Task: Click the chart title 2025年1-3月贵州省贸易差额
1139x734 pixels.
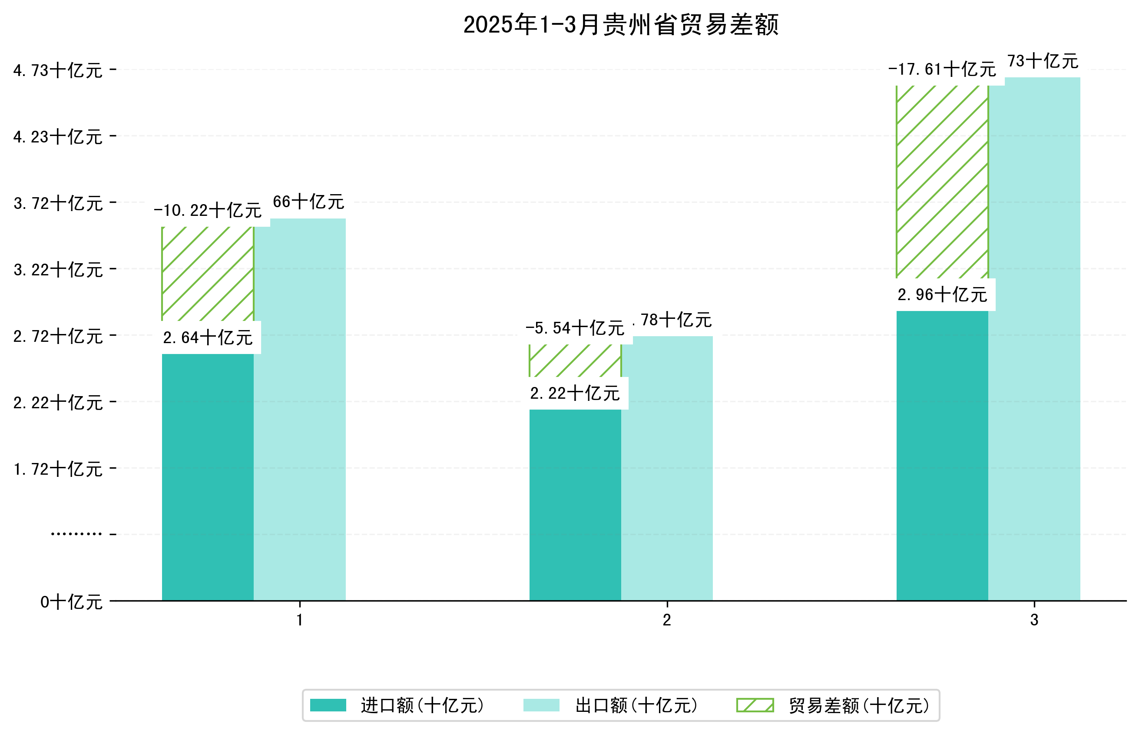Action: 620,25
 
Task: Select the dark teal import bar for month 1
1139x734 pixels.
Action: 207,476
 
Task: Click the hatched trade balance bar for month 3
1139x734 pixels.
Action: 942,181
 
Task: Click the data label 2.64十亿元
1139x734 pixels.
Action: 208,338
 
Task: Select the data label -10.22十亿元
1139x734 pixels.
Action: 208,210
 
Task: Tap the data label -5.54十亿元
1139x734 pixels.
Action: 575,328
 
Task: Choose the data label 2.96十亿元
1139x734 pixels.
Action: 942,295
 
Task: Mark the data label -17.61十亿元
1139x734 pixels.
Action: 942,69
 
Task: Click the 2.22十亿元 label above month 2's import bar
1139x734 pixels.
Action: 575,393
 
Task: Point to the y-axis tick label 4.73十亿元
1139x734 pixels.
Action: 58,70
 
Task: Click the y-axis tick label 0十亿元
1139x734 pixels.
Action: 72,602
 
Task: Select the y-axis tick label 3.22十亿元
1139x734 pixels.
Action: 58,270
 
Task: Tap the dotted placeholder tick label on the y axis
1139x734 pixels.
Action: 76,534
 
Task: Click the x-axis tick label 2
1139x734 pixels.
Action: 667,620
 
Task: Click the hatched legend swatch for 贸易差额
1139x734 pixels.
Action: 755,705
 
